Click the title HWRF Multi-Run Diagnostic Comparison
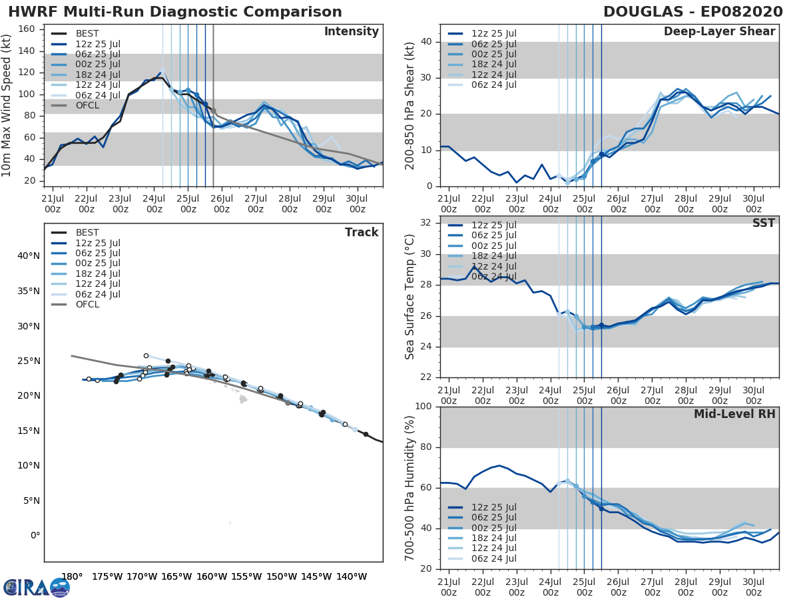click(x=175, y=12)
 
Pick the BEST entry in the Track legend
click(x=87, y=233)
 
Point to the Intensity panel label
click(x=351, y=32)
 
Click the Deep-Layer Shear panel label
click(x=719, y=32)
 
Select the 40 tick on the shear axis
click(x=427, y=42)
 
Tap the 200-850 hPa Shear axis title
click(x=410, y=105)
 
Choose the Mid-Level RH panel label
click(x=734, y=415)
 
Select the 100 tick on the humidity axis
click(x=424, y=407)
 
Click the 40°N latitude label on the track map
click(x=28, y=256)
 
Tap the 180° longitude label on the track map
click(x=71, y=577)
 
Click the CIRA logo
click(x=37, y=587)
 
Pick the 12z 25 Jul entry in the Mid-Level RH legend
click(x=493, y=507)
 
